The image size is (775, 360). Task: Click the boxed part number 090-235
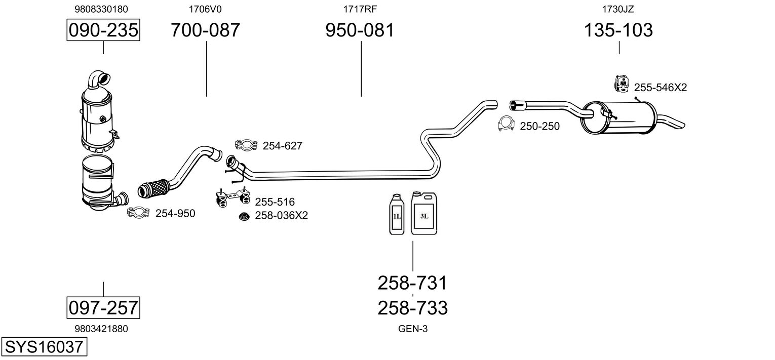pyautogui.click(x=103, y=30)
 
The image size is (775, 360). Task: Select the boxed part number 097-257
pyautogui.click(x=103, y=307)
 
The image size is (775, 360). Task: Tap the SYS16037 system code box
pyautogui.click(x=43, y=347)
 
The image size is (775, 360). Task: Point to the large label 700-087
pyautogui.click(x=205, y=30)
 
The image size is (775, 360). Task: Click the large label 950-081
pyautogui.click(x=359, y=30)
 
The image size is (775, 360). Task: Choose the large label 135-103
pyautogui.click(x=618, y=30)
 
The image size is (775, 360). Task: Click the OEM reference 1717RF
pyautogui.click(x=360, y=9)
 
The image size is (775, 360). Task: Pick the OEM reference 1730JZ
pyautogui.click(x=617, y=9)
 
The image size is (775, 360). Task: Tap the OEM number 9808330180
pyautogui.click(x=101, y=9)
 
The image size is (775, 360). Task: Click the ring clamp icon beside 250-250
pyautogui.click(x=506, y=124)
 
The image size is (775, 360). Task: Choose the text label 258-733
pyautogui.click(x=412, y=308)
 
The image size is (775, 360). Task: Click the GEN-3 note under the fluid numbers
pyautogui.click(x=412, y=329)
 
